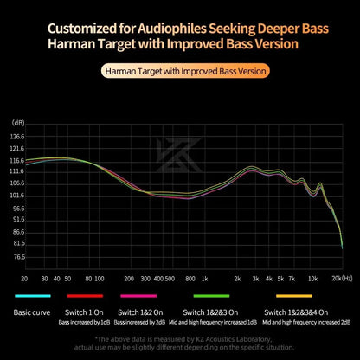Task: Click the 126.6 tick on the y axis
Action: (18, 137)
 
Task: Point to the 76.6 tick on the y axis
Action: (18, 257)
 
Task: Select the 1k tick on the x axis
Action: (204, 280)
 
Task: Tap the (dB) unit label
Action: (17, 123)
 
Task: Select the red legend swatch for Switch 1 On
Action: (87, 297)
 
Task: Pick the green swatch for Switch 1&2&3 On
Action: (212, 297)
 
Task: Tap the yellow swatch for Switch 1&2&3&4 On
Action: (299, 297)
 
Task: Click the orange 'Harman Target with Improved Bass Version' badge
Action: (180, 70)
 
